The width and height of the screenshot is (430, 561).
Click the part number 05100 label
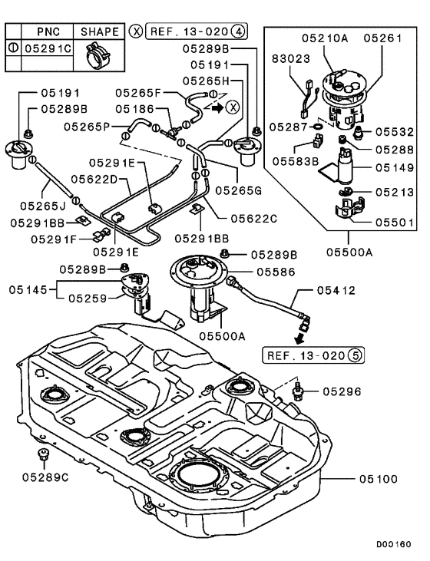click(378, 479)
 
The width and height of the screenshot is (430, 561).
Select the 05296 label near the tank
click(341, 391)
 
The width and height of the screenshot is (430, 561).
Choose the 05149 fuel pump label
click(395, 166)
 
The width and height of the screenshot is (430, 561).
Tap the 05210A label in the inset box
click(333, 37)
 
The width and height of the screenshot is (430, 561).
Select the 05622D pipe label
click(93, 179)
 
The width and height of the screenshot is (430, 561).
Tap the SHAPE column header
click(100, 31)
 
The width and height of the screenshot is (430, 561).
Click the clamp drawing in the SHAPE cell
click(100, 50)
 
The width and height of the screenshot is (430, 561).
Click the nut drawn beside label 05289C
click(45, 458)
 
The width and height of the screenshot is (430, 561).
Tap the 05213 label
click(395, 193)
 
